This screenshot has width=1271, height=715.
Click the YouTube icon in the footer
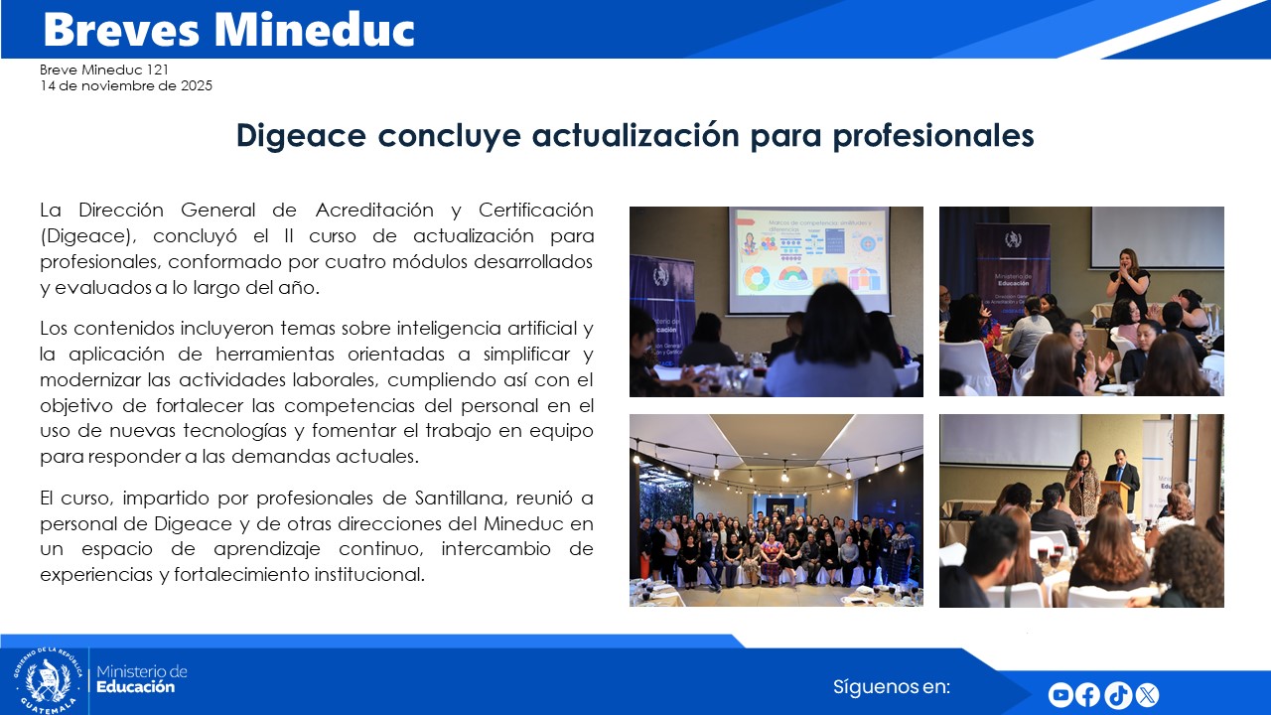(1060, 695)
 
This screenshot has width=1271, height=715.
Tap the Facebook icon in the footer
(1088, 695)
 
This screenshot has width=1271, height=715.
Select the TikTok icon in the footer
(1118, 695)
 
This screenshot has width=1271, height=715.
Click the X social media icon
(1147, 695)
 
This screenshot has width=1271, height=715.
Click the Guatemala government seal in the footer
(47, 680)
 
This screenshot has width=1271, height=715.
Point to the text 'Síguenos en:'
(892, 687)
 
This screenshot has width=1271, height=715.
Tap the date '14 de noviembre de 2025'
(126, 85)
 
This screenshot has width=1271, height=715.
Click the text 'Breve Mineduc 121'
(104, 70)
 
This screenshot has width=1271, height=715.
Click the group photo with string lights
(776, 510)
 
